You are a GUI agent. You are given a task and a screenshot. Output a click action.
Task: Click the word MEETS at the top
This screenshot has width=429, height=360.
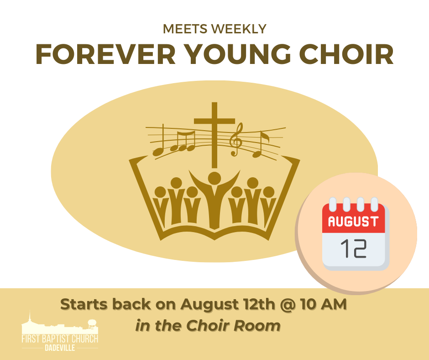(x=185, y=29)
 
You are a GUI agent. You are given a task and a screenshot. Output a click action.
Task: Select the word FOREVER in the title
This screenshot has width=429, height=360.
(x=105, y=54)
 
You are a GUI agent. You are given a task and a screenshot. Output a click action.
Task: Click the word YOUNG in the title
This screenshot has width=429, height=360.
(x=237, y=54)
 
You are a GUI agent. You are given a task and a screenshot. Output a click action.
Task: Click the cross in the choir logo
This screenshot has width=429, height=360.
(x=214, y=135)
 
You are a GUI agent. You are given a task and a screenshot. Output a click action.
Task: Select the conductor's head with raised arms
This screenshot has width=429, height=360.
(x=214, y=178)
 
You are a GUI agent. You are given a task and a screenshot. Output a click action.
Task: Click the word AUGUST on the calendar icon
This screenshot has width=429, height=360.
(x=353, y=222)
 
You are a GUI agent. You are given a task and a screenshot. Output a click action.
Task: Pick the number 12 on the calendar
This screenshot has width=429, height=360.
(x=353, y=249)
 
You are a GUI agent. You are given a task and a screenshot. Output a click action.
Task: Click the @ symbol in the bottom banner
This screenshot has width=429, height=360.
(x=287, y=304)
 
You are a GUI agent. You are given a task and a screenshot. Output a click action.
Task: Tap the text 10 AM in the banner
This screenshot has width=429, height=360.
(x=324, y=304)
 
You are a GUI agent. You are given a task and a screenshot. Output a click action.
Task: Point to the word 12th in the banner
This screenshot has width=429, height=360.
(x=259, y=304)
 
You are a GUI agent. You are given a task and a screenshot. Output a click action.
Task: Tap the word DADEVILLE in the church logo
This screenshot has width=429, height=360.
(x=60, y=348)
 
